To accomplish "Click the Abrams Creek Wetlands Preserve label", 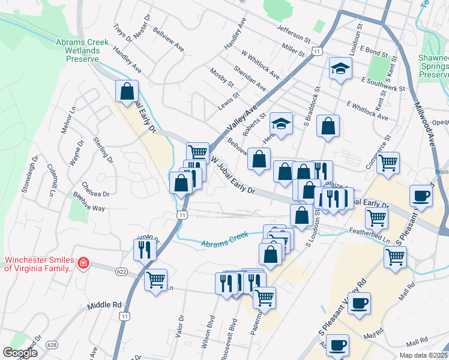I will pyautogui.click(x=82, y=50).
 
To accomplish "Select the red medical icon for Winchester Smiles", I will pyautogui.click(x=83, y=263).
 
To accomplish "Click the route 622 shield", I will pyautogui.click(x=121, y=272).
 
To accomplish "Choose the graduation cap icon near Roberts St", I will pyautogui.click(x=280, y=123).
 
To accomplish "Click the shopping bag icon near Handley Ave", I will pyautogui.click(x=127, y=91).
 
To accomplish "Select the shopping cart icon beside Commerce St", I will pyautogui.click(x=388, y=161).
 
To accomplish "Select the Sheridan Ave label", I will pyautogui.click(x=254, y=79).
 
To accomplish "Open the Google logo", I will pyautogui.click(x=20, y=353).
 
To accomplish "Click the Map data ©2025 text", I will pyautogui.click(x=424, y=355).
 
